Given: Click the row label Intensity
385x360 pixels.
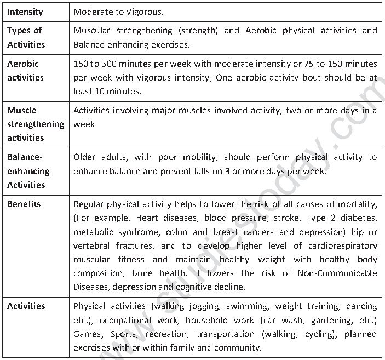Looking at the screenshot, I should click(x=25, y=11).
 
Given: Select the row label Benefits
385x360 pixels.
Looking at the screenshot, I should click(x=24, y=204).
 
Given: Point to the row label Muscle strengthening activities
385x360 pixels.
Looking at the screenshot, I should click(x=35, y=124).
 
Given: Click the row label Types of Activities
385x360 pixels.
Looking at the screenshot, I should click(x=26, y=37).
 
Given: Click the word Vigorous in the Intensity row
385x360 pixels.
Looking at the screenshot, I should click(x=145, y=12).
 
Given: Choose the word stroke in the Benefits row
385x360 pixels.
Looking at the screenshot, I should click(x=286, y=218).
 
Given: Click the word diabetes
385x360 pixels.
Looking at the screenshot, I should click(x=360, y=218).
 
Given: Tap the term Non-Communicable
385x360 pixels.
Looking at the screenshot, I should click(x=337, y=273).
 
